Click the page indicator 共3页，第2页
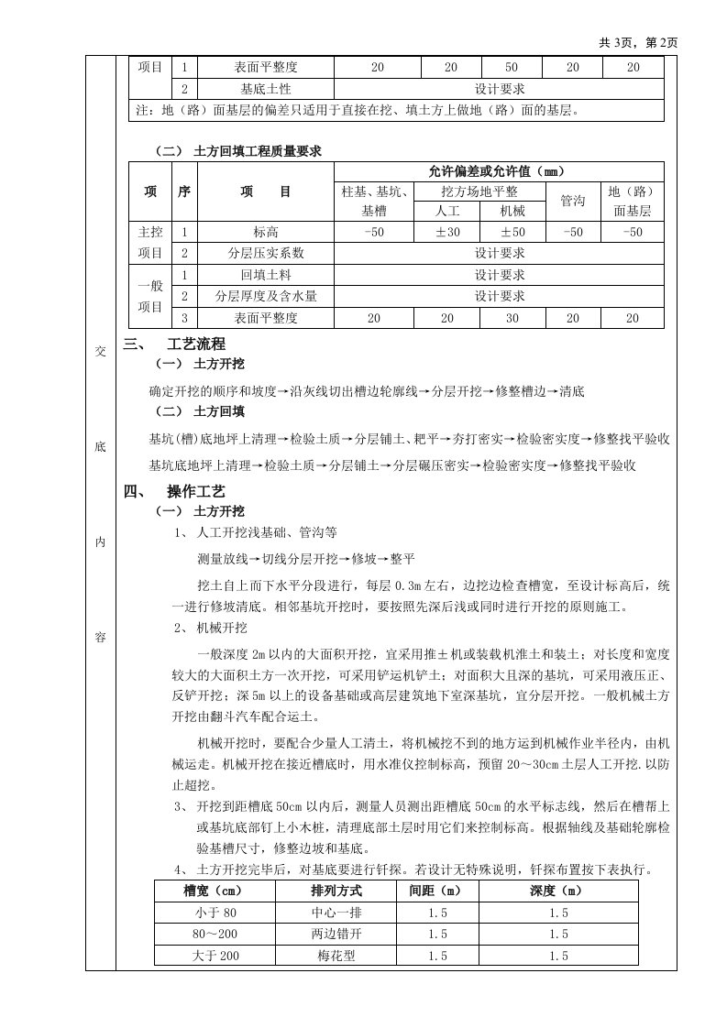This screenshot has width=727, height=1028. pos(639,42)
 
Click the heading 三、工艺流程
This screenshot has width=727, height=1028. pos(173,345)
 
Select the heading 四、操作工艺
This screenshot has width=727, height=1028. pos(173,492)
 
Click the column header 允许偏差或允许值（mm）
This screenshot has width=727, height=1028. pos(499,171)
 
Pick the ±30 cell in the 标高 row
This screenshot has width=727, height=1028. pos(446,233)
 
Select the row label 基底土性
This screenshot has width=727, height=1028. pos(265,89)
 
